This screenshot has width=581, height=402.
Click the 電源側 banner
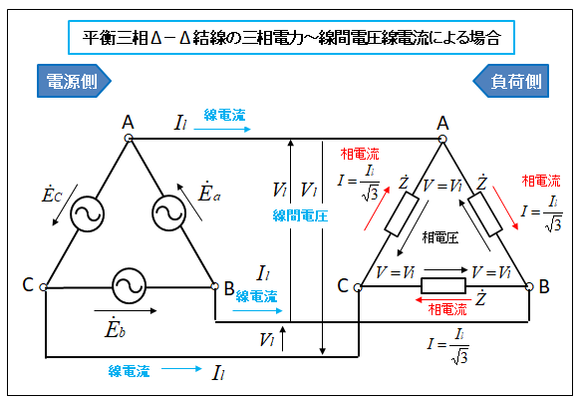click(74, 81)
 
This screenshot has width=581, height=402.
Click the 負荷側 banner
click(510, 81)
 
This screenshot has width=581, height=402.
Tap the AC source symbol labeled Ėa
click(168, 212)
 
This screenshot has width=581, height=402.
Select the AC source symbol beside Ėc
click(88, 214)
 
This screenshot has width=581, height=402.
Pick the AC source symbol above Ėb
click(129, 286)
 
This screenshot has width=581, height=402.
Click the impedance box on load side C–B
click(443, 286)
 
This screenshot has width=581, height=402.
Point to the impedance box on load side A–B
click(485, 214)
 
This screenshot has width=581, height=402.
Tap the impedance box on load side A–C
click(402, 214)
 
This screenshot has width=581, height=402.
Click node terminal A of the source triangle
click(129, 138)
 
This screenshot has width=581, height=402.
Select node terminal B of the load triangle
click(529, 286)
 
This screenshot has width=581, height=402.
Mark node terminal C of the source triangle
click(44, 287)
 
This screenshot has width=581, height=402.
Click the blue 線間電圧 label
click(300, 215)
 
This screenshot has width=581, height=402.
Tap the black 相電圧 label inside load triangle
click(440, 237)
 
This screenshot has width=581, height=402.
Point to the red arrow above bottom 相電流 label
click(443, 299)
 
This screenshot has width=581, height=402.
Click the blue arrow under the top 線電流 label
click(222, 129)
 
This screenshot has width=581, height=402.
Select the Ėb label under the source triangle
click(115, 328)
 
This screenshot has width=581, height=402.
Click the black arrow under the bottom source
click(126, 310)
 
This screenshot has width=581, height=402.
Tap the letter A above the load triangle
click(442, 123)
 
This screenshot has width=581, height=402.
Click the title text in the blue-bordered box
click(292, 38)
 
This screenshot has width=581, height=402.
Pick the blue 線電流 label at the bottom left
click(129, 371)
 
